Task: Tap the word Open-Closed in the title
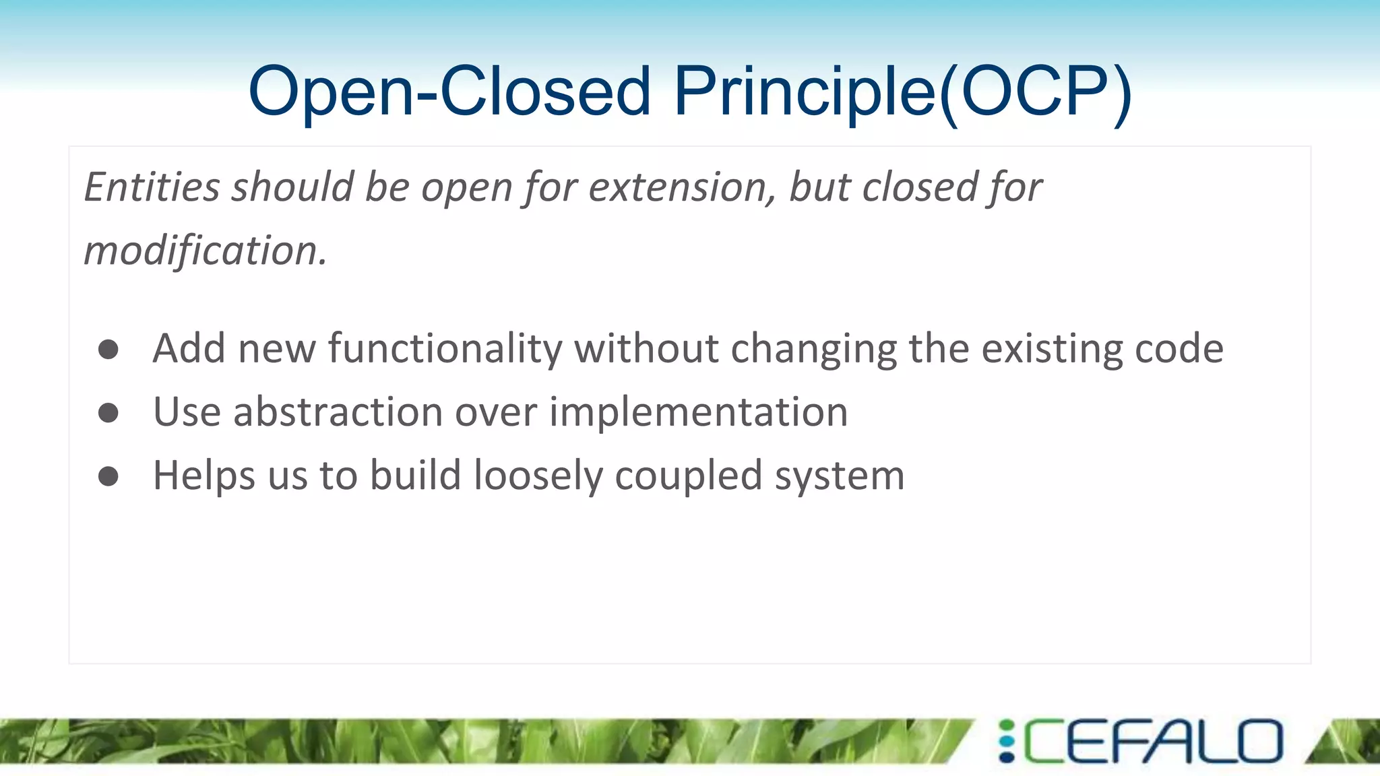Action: (x=449, y=92)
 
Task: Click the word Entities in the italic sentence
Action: (x=152, y=187)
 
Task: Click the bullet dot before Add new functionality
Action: (x=108, y=349)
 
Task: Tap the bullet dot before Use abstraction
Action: (x=108, y=412)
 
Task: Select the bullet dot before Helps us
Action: (x=108, y=476)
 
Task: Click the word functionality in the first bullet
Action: (x=445, y=349)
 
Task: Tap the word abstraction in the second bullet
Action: (x=338, y=412)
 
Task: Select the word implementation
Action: (x=698, y=412)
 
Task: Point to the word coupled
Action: (x=688, y=476)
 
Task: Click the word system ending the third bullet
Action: (x=839, y=476)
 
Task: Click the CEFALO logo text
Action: (x=1153, y=741)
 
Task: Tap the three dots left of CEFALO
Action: (x=1007, y=741)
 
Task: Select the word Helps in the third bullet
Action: (x=204, y=476)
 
